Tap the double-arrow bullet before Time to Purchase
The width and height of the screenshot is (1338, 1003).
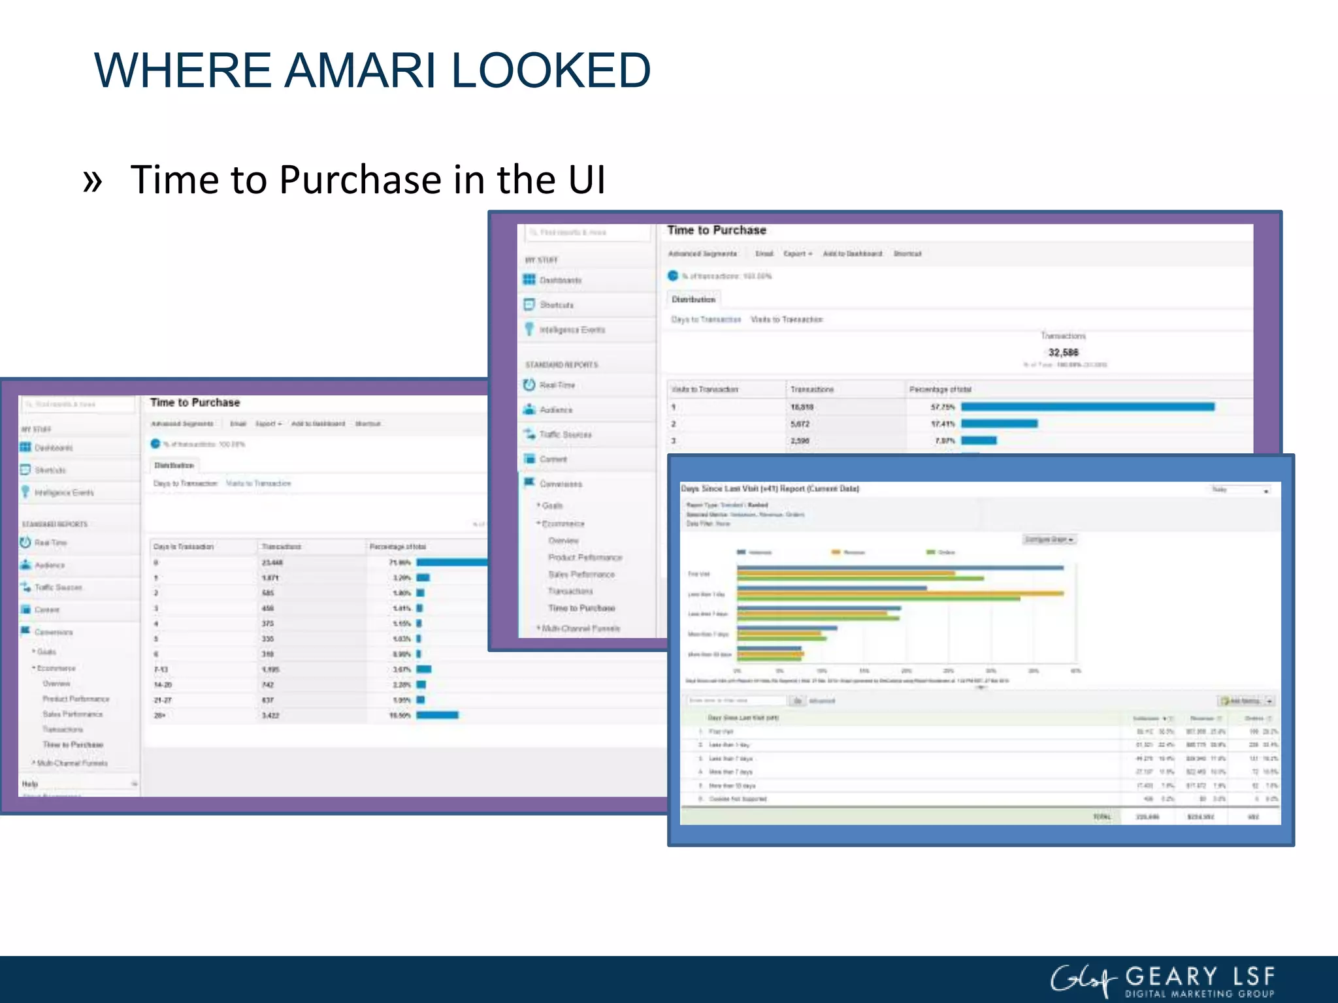93,181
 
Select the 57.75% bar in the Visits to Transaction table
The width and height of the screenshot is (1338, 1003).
1087,407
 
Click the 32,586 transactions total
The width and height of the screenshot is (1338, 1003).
1063,353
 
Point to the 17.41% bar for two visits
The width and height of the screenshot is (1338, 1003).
999,424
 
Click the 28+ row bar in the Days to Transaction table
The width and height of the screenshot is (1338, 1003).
437,715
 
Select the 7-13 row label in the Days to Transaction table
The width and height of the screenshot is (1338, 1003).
161,669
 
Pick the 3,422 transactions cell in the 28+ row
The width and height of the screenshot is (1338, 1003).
270,716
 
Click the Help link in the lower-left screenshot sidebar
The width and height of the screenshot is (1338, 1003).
30,784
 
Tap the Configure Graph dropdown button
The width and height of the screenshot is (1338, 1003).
1049,539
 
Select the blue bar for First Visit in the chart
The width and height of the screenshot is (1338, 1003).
900,568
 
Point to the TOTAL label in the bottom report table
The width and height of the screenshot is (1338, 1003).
1101,817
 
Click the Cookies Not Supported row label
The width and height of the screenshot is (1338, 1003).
738,799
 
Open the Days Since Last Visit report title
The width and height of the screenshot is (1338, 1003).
770,488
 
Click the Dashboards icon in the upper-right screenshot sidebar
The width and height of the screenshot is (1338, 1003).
529,279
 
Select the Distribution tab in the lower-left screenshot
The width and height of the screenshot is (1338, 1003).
174,466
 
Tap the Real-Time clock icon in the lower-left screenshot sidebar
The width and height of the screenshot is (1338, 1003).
25,543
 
